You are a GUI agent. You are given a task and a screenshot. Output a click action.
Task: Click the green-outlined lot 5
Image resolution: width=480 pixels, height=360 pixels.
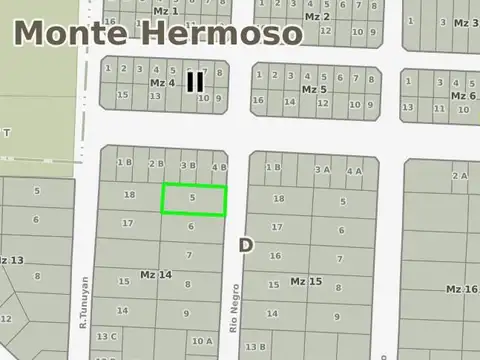[x=194, y=199]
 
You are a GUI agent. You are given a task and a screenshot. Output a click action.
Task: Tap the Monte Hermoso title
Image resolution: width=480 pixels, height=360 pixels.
[x=158, y=33]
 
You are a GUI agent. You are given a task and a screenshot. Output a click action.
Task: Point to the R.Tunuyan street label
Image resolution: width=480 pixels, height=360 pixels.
[x=85, y=303]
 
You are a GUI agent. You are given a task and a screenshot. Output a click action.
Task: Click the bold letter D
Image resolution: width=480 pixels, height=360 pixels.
[x=246, y=244]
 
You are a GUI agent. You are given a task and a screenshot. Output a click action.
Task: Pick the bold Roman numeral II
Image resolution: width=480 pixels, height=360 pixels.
[x=195, y=81]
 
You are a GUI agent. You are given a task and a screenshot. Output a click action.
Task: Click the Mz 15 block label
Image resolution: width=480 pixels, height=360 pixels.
[x=306, y=281]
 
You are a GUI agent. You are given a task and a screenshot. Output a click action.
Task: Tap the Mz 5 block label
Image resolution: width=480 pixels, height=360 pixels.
[x=314, y=89]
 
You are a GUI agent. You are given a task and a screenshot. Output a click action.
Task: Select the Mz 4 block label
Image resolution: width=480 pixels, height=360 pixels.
[x=162, y=82]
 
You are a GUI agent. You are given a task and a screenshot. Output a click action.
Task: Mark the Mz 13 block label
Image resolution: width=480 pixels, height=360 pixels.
[x=10, y=260]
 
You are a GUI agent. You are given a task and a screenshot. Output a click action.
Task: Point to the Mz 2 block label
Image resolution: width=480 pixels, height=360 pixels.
[x=317, y=17]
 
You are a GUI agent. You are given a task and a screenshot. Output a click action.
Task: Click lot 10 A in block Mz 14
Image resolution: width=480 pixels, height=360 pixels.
[x=202, y=341]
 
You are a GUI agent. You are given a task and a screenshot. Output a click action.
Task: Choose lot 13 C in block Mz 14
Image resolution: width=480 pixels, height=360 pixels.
[x=107, y=337]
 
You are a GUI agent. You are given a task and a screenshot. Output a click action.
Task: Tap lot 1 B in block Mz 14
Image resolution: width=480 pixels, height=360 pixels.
[x=124, y=162]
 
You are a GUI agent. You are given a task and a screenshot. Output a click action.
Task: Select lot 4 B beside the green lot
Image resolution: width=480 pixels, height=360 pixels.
[x=220, y=166]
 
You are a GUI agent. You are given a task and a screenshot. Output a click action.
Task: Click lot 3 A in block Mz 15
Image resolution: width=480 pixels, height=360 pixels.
[x=322, y=170]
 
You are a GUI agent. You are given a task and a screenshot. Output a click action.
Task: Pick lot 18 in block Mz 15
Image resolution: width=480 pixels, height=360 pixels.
[x=279, y=199]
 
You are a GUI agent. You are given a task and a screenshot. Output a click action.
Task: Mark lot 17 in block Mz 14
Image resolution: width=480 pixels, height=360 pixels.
[x=128, y=222]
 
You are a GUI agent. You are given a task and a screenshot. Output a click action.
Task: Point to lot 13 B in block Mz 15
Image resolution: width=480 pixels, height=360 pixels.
[x=256, y=347]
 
